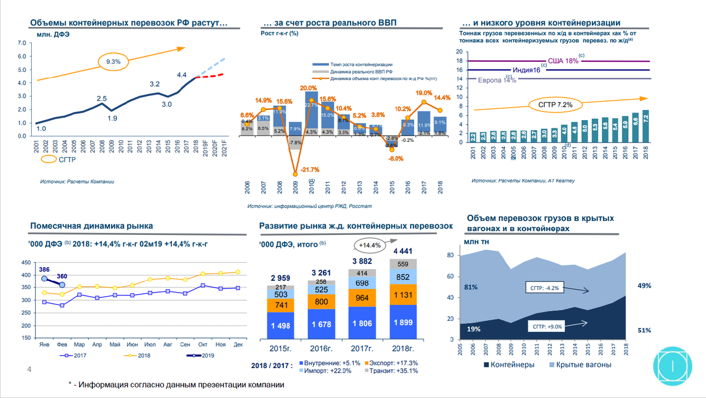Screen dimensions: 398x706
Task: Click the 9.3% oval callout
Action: tap(114, 62)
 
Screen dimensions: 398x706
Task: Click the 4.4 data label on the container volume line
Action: tap(182, 75)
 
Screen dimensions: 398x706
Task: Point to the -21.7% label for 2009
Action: tap(309, 170)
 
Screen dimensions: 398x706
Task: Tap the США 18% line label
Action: tap(562, 61)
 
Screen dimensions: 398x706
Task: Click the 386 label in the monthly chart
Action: tap(44, 269)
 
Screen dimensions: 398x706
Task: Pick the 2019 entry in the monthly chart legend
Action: tap(198, 356)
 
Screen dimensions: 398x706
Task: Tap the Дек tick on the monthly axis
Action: tap(238, 344)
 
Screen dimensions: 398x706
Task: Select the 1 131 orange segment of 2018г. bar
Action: tap(404, 295)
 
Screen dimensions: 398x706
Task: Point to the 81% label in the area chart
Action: tap(470, 287)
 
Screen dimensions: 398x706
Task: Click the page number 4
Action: tap(29, 369)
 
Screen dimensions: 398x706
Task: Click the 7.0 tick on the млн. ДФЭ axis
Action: tap(22, 43)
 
